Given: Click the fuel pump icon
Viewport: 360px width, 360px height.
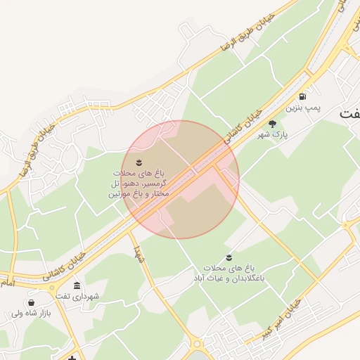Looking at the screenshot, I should [302, 96].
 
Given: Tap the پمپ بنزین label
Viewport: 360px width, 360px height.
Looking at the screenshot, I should [303, 109].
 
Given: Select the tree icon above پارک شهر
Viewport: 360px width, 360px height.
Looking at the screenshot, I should [273, 123].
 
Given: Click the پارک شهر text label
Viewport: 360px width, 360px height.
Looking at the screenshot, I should [273, 134].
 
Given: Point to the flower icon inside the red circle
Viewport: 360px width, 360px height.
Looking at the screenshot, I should [139, 162].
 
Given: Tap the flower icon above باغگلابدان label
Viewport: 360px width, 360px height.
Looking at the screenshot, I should [229, 258].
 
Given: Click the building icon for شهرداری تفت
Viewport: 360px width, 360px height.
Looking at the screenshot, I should [77, 285].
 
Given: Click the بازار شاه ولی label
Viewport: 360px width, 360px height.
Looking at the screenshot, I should [28, 314].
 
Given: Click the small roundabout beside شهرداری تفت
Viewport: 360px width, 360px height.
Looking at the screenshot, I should [52, 288].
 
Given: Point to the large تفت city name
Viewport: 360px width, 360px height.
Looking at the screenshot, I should [350, 112].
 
